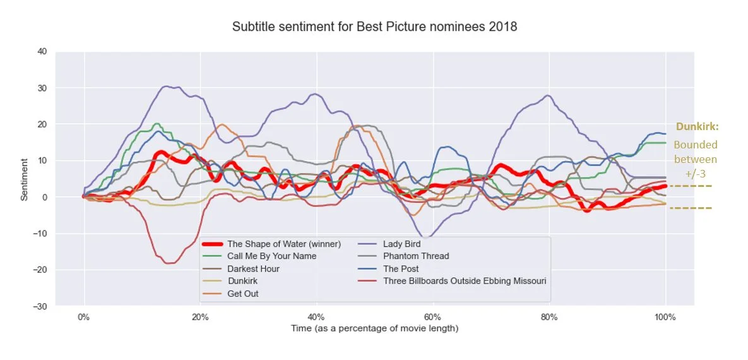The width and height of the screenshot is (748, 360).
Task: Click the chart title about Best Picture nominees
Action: coord(374,27)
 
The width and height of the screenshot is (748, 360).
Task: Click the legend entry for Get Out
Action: coord(242,294)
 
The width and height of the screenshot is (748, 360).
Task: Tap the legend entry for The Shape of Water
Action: coord(283,244)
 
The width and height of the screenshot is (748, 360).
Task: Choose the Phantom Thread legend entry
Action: coord(415,256)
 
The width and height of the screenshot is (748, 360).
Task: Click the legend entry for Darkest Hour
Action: coord(253,268)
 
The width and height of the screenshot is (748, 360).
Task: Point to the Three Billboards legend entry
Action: coord(464,281)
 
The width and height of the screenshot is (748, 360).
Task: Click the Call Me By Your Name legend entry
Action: coord(271,256)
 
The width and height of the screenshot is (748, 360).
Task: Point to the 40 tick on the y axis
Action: coord(42,51)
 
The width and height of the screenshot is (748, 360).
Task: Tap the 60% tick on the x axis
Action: coord(432,316)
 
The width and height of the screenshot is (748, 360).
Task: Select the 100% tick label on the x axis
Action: coord(665,316)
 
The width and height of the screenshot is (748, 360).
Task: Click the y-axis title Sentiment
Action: coord(25,179)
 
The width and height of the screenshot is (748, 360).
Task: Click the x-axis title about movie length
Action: coord(374,328)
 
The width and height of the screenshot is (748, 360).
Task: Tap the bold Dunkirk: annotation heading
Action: coord(697,127)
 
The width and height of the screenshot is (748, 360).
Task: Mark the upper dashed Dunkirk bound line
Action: coord(691,186)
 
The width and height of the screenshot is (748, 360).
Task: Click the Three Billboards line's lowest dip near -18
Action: coord(169,263)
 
